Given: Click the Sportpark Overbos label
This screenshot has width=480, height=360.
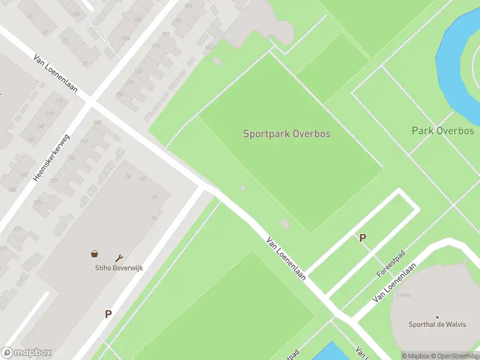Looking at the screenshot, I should coord(286,134).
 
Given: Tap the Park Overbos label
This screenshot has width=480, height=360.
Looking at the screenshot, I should coord(443,131).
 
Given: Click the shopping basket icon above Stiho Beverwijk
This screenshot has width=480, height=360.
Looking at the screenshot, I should coord(94,254).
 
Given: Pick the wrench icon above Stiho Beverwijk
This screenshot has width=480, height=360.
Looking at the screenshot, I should coord(119,257).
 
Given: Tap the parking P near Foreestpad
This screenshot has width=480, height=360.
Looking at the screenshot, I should coord(362,238).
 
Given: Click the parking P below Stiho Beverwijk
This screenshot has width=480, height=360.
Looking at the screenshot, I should coord(109,314).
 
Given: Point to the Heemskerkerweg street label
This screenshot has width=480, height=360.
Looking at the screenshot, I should coord(52,158).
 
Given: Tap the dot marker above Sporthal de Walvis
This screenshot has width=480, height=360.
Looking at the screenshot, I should coord(437,317).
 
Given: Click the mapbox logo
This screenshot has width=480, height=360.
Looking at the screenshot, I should coord(26,352).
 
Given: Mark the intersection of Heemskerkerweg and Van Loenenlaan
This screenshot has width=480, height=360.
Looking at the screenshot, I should coord(91,103).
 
